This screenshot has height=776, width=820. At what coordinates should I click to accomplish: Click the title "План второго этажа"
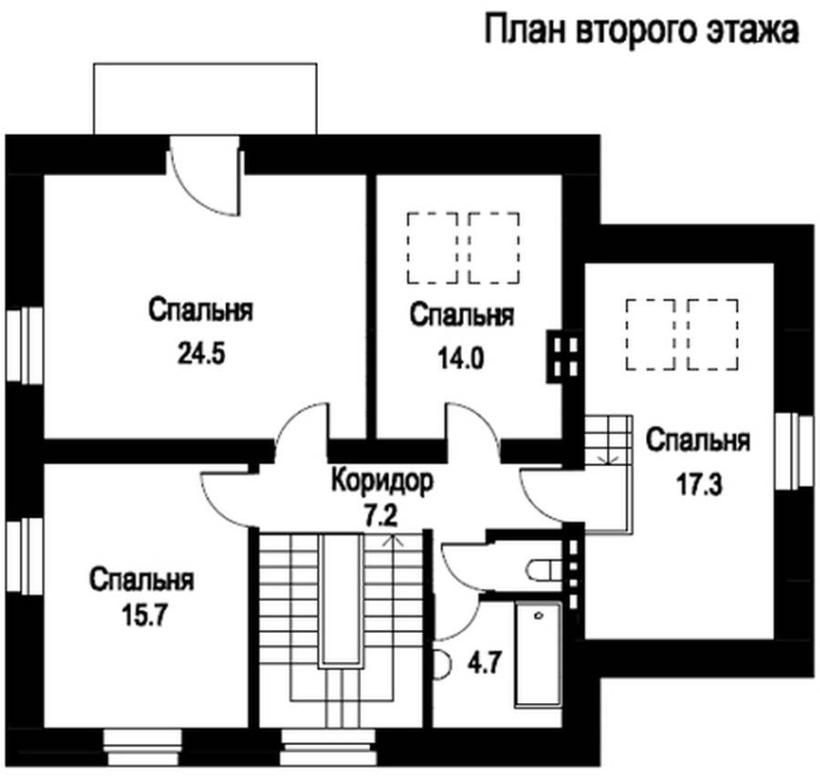(641, 30)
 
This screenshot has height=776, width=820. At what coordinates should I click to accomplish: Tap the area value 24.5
(201, 353)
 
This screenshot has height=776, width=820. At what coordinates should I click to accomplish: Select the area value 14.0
(461, 358)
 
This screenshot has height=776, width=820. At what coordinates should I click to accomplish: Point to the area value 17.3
(699, 484)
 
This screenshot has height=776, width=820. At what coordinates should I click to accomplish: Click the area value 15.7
(144, 616)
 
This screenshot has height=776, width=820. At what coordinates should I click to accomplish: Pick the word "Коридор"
(383, 481)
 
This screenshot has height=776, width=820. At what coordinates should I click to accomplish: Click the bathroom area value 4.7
(485, 664)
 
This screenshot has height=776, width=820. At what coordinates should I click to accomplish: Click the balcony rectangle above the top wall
(205, 98)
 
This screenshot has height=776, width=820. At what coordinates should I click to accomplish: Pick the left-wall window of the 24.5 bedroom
(24, 346)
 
